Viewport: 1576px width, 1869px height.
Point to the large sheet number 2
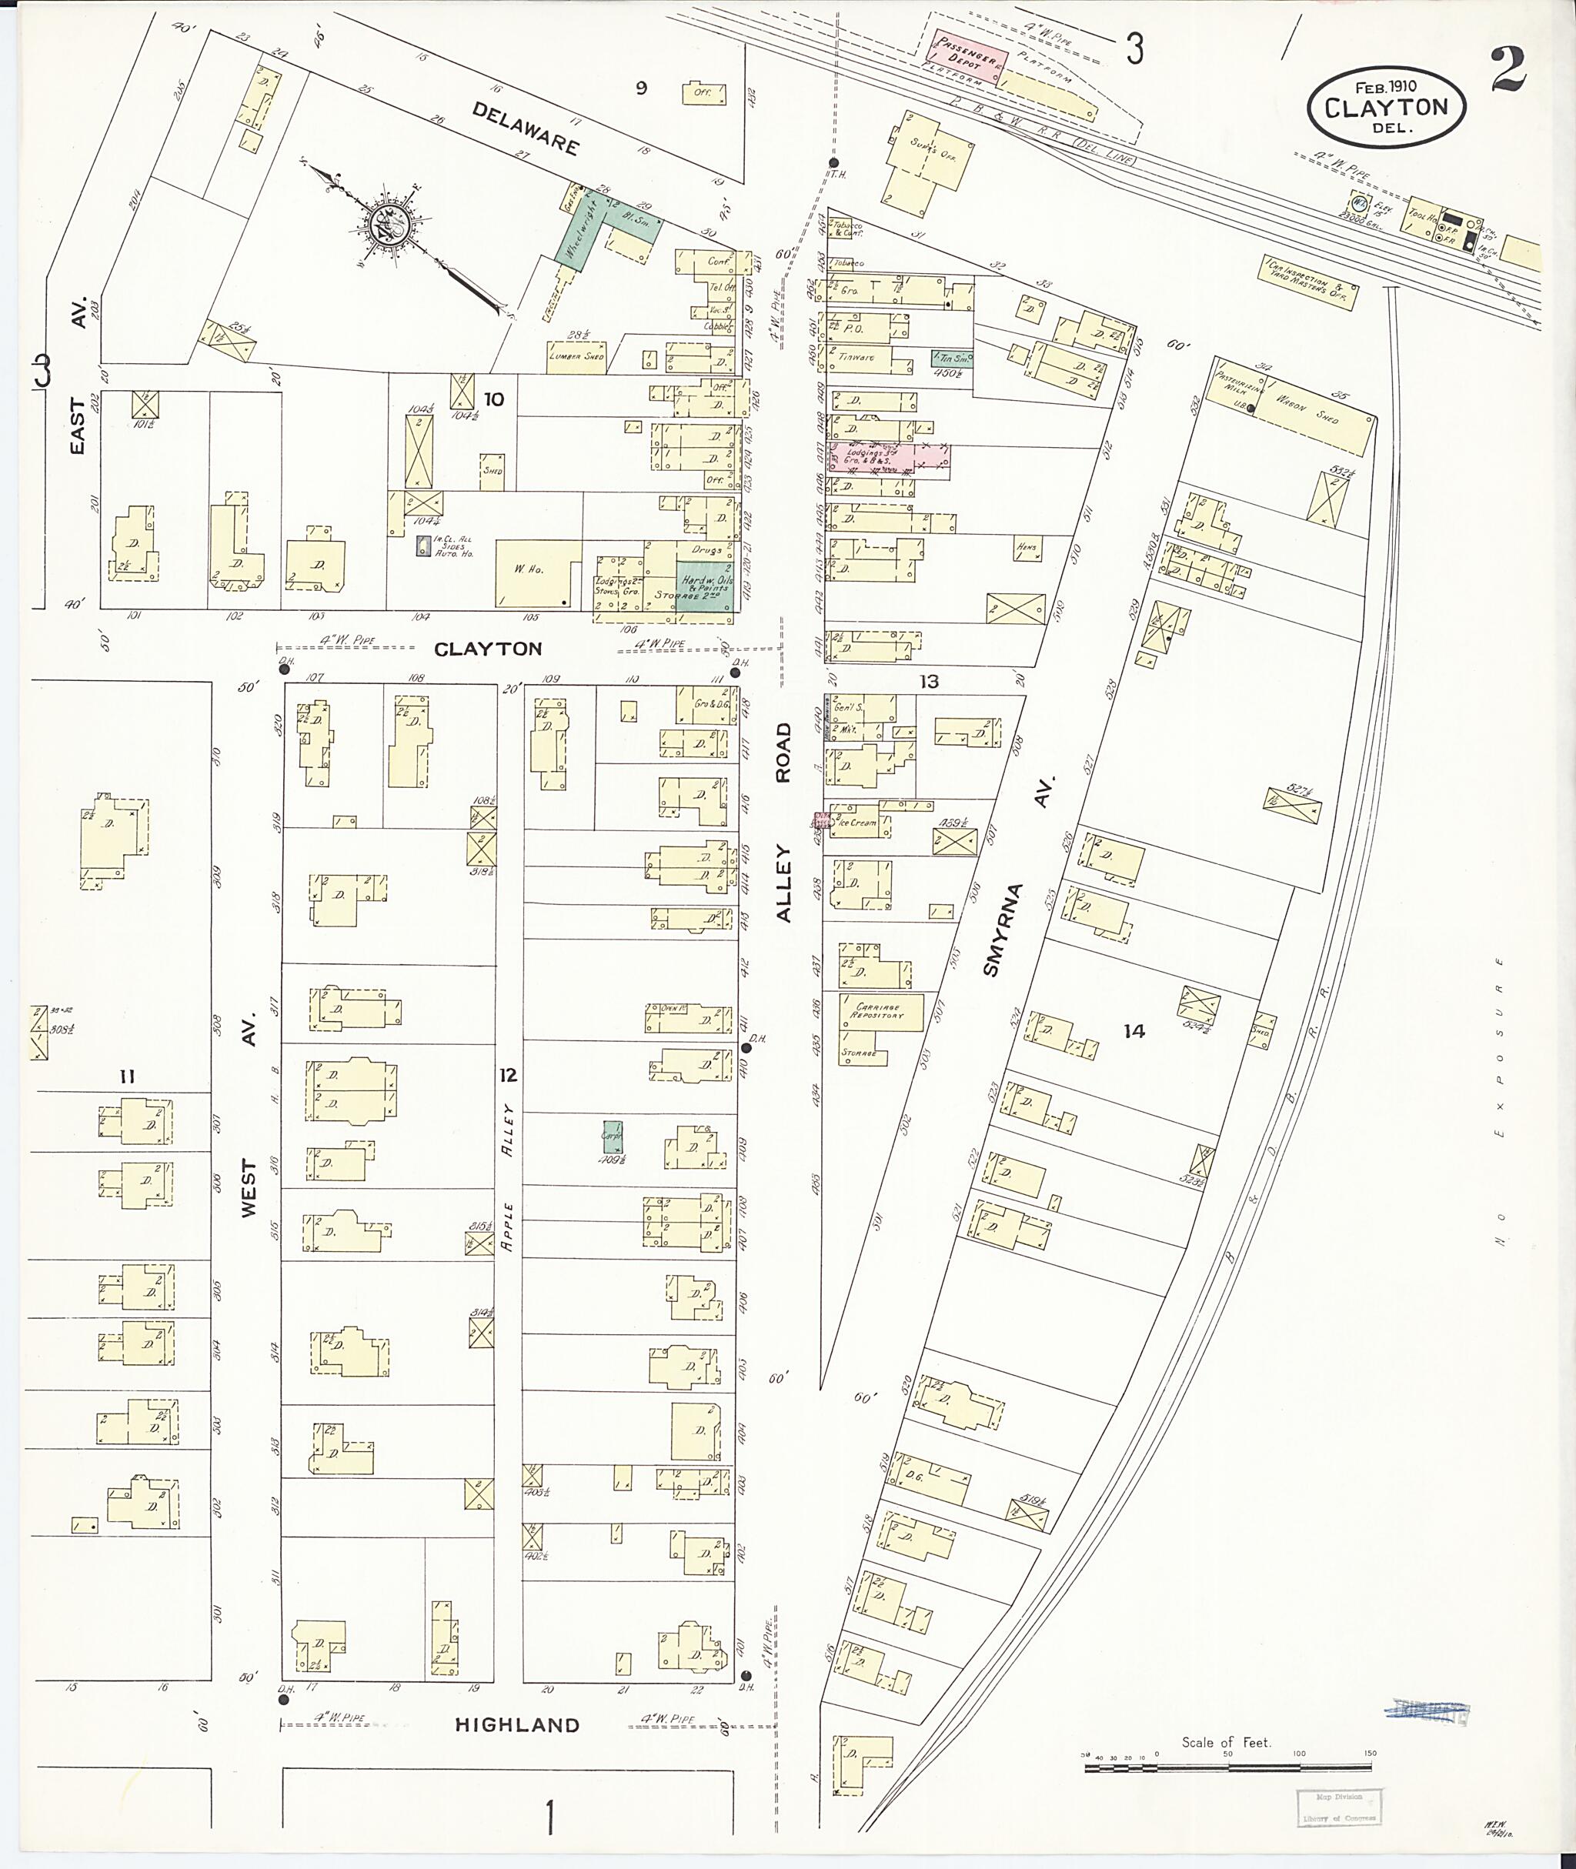click(1508, 71)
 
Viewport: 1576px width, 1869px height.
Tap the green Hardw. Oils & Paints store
click(706, 586)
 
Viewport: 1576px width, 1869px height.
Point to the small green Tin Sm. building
click(951, 359)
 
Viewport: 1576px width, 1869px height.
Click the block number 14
click(1134, 1031)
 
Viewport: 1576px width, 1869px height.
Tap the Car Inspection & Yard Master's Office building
click(1310, 282)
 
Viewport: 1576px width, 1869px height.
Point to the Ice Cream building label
click(858, 823)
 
